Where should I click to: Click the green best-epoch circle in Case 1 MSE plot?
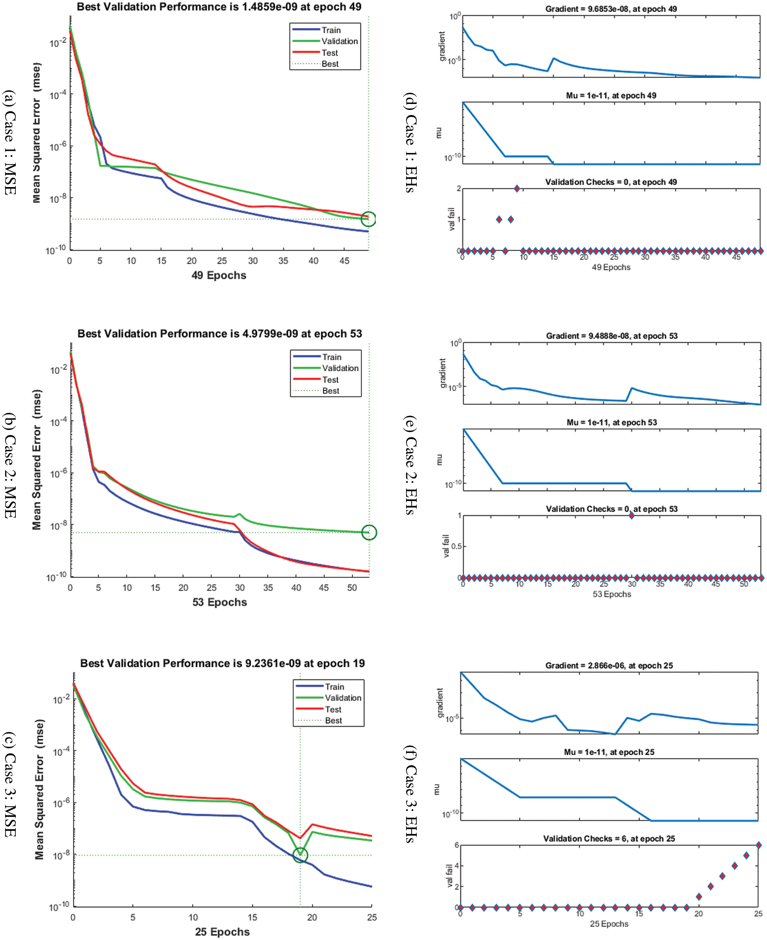(368, 219)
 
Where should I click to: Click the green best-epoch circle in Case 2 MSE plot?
(369, 532)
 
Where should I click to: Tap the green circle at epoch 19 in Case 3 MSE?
(300, 855)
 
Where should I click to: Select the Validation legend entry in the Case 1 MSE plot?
(339, 41)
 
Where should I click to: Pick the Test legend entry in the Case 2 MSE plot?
(330, 379)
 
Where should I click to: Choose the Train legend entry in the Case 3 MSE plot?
(334, 686)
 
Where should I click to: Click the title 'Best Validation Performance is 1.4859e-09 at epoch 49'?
(219, 7)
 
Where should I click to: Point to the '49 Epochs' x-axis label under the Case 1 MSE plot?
(219, 275)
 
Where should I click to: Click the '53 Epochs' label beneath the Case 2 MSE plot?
(219, 602)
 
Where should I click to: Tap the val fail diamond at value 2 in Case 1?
(517, 189)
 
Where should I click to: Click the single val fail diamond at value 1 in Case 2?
(631, 516)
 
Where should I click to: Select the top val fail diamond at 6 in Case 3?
(758, 845)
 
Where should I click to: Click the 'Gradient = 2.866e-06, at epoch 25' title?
(609, 665)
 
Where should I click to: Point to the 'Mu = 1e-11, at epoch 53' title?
(611, 422)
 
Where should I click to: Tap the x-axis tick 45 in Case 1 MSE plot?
(344, 261)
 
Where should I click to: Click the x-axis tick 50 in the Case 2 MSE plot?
(352, 588)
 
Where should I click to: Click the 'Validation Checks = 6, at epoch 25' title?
(609, 839)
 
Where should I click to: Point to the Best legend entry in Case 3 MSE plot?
(333, 721)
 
